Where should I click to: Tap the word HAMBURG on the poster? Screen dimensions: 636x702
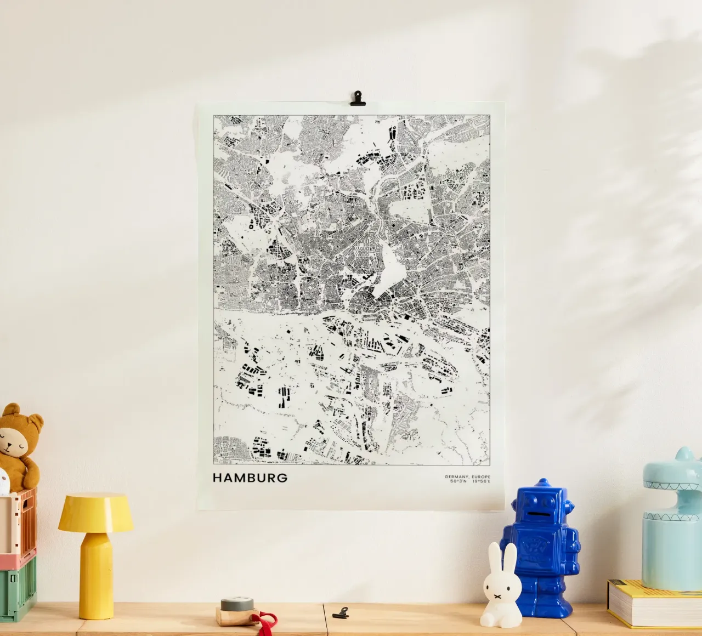coord(250,478)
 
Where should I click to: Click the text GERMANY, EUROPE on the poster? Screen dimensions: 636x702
coord(468,476)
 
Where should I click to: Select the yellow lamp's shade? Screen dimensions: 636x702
coord(95,513)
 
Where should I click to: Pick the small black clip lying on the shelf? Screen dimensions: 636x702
coord(341,612)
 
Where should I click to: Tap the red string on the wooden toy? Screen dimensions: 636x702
coord(266,623)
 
